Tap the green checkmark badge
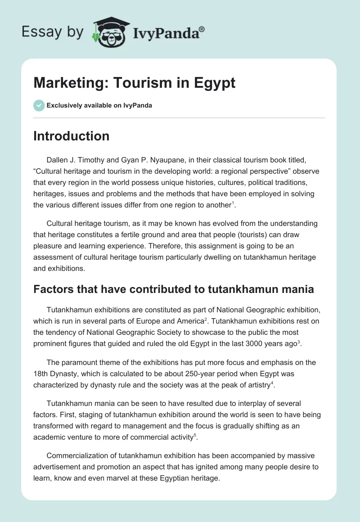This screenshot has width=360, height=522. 39,105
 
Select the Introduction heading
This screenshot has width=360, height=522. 71,136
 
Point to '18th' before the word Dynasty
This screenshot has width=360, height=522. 41,374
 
